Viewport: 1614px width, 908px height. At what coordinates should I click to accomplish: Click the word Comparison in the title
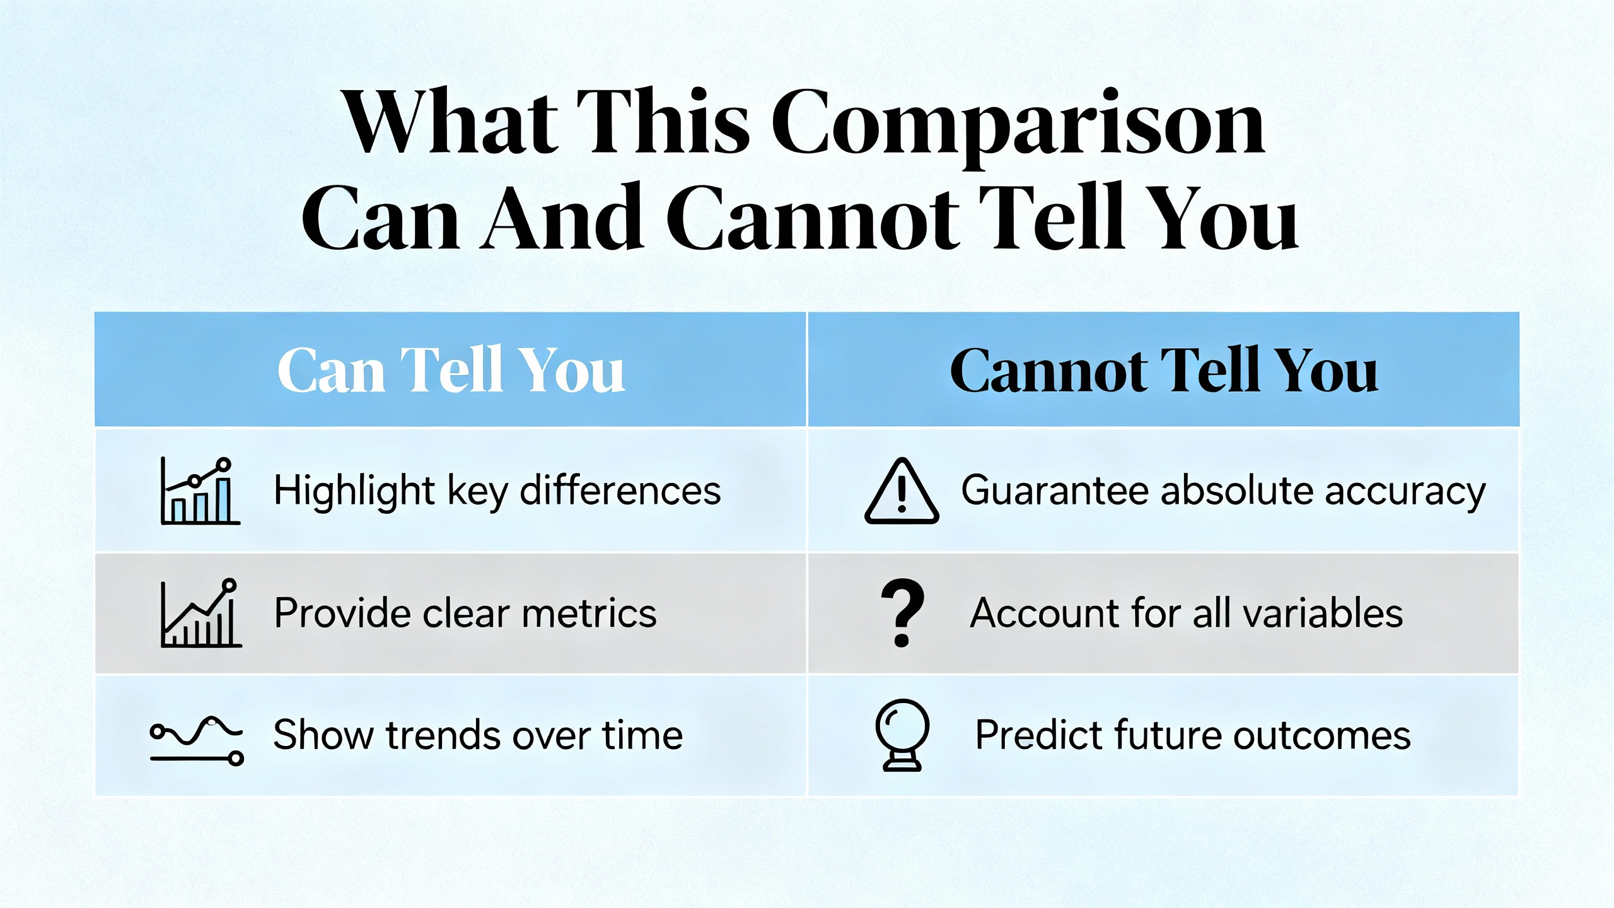point(1018,125)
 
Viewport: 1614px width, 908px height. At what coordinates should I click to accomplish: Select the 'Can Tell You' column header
point(451,370)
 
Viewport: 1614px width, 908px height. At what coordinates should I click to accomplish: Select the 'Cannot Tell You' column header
point(1163,370)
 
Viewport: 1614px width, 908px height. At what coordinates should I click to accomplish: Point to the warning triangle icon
point(902,491)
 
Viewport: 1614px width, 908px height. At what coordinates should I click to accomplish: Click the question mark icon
point(902,612)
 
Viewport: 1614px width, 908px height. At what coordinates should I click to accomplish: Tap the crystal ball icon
point(902,735)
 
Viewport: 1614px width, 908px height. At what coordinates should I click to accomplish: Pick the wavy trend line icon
point(197,740)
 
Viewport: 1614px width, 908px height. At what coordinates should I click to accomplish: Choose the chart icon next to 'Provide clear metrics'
point(201,613)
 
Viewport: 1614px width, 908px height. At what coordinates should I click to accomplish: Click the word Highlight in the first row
point(354,491)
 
